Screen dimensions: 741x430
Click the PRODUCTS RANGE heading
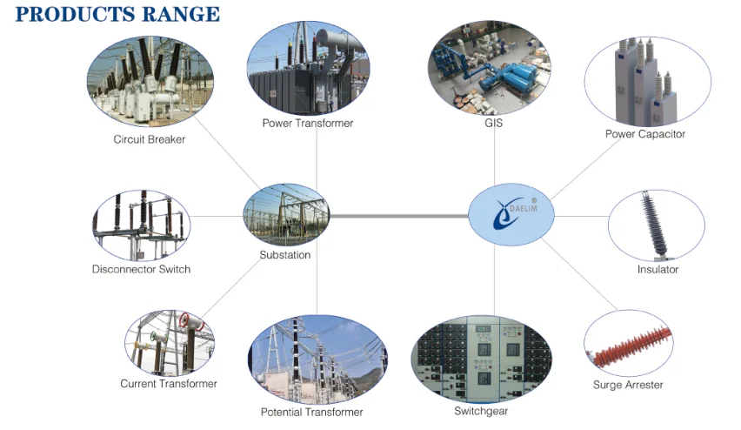pos(117,14)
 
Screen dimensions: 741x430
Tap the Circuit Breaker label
pos(149,139)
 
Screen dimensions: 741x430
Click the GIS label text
pos(494,124)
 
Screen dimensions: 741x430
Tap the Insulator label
pos(658,270)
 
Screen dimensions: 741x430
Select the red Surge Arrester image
pos(629,343)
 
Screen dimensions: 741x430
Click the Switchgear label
pos(481,411)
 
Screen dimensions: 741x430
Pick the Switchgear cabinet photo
pos(481,358)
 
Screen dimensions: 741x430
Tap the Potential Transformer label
pos(311,412)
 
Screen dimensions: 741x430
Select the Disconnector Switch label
pos(141,269)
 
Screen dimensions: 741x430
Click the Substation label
pos(284,255)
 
